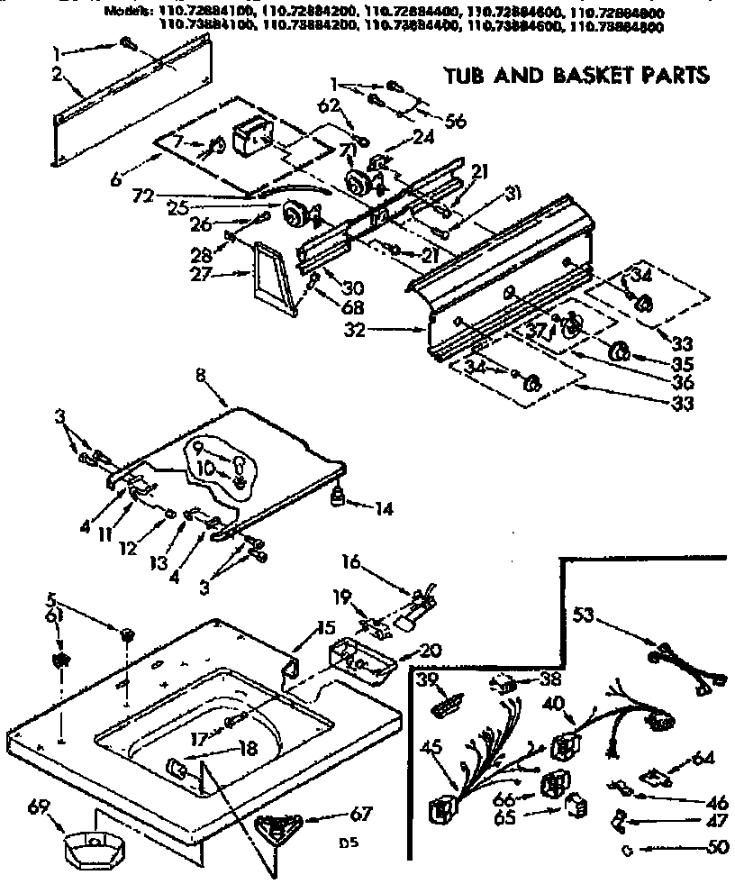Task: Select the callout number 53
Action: [x=585, y=616]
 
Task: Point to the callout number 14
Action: [x=384, y=508]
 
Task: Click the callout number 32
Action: [x=356, y=330]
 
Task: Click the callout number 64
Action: [x=703, y=759]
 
